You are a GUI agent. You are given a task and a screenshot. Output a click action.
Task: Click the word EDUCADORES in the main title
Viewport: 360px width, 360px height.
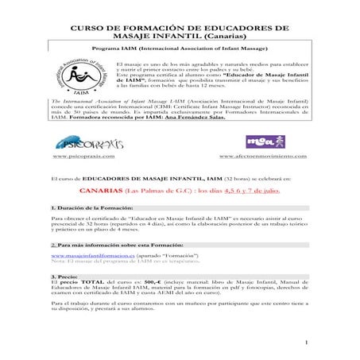(226, 27)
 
